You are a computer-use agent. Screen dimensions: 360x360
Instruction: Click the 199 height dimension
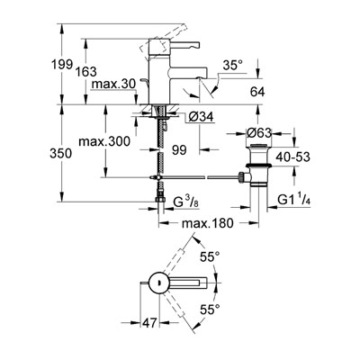[x=62, y=64]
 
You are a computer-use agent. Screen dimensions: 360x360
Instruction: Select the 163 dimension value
[x=85, y=72]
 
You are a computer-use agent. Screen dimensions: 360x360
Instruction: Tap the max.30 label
[x=113, y=85]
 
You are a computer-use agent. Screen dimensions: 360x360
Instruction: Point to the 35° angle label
[x=232, y=65]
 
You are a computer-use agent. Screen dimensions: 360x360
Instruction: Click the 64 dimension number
[x=257, y=92]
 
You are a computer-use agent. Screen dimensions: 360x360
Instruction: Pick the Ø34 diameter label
[x=202, y=116]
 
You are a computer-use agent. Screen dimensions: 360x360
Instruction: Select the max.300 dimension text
[x=104, y=141]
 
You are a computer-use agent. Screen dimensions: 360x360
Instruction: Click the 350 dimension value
[x=61, y=154]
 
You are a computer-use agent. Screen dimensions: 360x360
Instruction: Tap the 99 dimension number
[x=179, y=150]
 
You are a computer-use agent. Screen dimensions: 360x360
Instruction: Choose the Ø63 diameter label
[x=259, y=132]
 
